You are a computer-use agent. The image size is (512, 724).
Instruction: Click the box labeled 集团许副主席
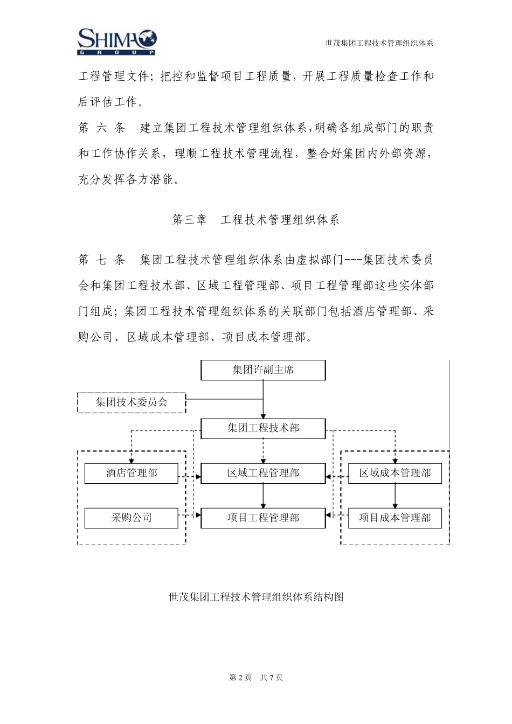tap(263, 370)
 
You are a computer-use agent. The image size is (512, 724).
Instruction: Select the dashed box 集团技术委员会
tap(132, 402)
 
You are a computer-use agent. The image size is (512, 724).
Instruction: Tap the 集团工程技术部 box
tap(263, 429)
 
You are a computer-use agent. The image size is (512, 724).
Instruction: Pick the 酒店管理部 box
tap(132, 474)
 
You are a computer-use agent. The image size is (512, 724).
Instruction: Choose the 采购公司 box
tap(132, 518)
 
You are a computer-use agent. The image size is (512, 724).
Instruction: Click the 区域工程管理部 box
tap(263, 474)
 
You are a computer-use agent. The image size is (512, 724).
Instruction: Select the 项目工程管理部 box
tap(263, 518)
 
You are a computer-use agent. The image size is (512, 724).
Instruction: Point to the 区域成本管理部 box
tap(395, 474)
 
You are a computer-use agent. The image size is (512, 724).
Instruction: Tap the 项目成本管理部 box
tap(395, 518)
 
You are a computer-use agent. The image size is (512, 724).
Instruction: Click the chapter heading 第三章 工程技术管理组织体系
tap(255, 220)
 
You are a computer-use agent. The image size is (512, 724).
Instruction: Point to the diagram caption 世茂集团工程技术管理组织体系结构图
tap(256, 597)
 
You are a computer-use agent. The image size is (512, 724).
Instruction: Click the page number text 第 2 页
tap(240, 678)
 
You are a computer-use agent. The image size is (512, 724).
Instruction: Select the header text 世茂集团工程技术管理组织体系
tap(379, 43)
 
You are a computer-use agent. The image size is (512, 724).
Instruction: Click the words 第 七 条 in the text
tap(101, 260)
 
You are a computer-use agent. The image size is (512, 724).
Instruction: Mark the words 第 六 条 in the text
tap(101, 128)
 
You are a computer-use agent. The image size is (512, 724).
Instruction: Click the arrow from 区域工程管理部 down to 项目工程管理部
tap(263, 496)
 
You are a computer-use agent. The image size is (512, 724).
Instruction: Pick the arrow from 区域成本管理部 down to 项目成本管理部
tap(395, 496)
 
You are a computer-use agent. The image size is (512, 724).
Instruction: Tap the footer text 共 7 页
tap(272, 678)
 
